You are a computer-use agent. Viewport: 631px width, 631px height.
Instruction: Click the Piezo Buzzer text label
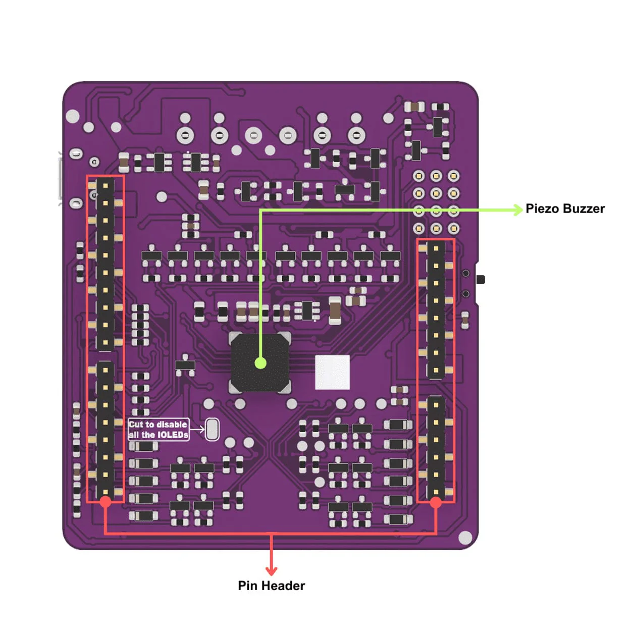click(x=564, y=208)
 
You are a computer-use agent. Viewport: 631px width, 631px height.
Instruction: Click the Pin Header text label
click(x=271, y=586)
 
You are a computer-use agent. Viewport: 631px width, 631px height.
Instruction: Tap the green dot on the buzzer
click(x=260, y=363)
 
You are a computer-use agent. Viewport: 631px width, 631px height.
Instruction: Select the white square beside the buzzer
click(x=332, y=373)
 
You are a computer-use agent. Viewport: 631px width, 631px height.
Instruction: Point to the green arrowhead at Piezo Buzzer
click(x=518, y=209)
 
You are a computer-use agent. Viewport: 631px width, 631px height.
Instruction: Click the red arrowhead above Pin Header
click(x=272, y=570)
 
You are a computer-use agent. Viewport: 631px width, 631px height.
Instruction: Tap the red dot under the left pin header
click(x=105, y=501)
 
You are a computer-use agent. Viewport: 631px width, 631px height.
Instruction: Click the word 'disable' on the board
click(x=172, y=425)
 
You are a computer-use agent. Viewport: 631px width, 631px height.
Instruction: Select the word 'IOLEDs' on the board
click(x=173, y=435)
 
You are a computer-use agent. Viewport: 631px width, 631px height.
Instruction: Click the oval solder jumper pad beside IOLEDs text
click(x=213, y=429)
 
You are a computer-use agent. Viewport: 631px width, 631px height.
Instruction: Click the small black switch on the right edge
click(x=480, y=279)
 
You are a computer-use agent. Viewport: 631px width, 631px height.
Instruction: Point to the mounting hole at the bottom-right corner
click(x=465, y=538)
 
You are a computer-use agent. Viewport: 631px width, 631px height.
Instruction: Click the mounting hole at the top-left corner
click(x=73, y=116)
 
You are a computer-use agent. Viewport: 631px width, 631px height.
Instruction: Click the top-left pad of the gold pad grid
click(x=419, y=176)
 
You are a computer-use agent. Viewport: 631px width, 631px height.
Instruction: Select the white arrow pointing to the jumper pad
click(x=197, y=430)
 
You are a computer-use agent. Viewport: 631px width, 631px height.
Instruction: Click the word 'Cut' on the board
click(x=136, y=425)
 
